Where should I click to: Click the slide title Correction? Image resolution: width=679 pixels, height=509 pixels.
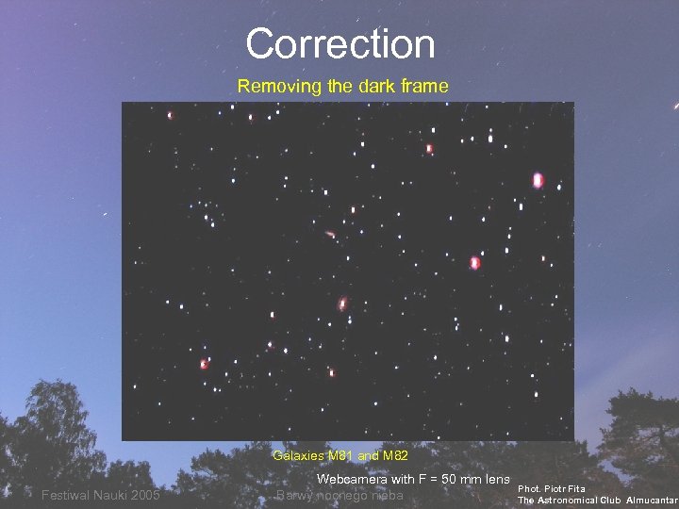339,44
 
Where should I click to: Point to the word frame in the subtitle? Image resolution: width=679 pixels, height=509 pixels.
423,87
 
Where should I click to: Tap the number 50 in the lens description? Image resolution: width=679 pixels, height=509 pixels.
441,479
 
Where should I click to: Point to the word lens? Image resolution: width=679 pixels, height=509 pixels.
494,479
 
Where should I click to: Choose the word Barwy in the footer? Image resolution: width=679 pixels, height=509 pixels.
295,496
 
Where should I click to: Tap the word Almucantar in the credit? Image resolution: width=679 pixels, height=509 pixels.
653,500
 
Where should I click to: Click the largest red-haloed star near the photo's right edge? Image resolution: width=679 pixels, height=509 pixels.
538,180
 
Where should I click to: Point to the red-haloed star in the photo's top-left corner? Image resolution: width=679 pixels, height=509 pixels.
171,116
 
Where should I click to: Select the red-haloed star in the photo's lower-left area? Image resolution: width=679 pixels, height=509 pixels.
203,364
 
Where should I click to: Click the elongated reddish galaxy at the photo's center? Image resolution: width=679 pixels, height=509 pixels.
342,304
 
